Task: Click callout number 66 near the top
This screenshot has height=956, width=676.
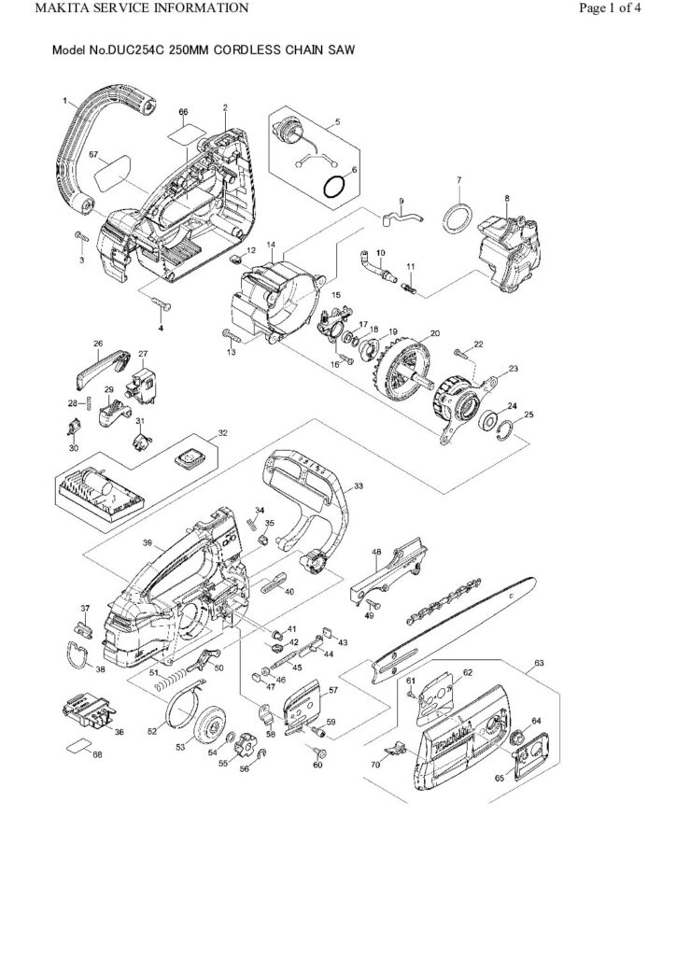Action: pyautogui.click(x=183, y=112)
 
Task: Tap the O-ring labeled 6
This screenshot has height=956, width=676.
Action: pyautogui.click(x=332, y=187)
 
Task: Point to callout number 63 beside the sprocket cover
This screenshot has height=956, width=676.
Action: pyautogui.click(x=538, y=664)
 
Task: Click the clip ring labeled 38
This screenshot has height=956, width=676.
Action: pyautogui.click(x=78, y=655)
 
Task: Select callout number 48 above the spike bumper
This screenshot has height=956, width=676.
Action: pyautogui.click(x=376, y=552)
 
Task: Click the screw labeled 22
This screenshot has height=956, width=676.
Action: pyautogui.click(x=460, y=352)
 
